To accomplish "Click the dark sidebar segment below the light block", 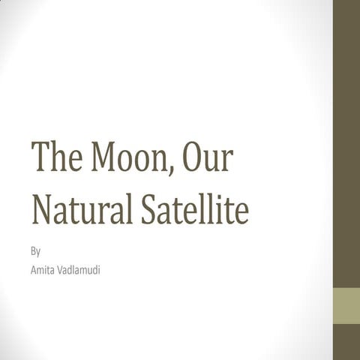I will pos(346,342).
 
